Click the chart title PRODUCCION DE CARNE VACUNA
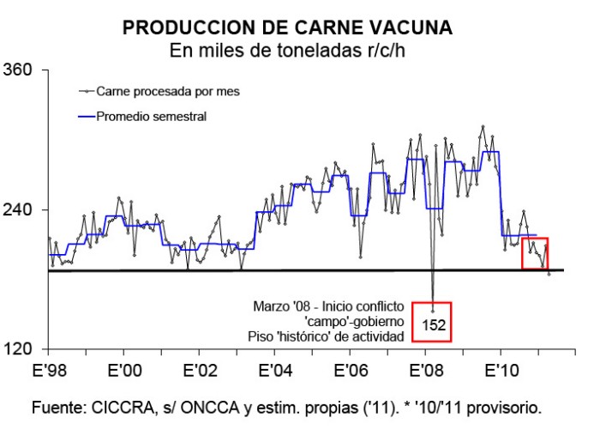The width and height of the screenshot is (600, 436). [287, 27]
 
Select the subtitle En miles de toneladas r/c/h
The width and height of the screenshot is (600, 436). [287, 50]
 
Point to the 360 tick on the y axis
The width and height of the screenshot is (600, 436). [17, 70]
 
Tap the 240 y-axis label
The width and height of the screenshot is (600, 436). [17, 209]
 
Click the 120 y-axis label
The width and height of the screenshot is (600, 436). [17, 349]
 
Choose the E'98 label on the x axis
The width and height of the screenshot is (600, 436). [50, 371]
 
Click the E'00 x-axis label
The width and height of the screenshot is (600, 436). [125, 371]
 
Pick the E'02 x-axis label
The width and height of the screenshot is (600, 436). [200, 371]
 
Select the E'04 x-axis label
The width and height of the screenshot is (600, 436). [275, 371]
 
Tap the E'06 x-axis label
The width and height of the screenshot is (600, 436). [351, 371]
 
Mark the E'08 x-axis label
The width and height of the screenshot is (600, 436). [426, 371]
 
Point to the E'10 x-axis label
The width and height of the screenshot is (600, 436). [501, 371]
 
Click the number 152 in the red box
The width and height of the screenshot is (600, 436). [434, 325]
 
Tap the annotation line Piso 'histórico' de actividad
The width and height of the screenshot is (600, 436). [326, 336]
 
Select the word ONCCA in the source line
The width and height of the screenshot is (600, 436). [211, 408]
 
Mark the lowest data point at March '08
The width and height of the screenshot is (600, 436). [433, 311]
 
